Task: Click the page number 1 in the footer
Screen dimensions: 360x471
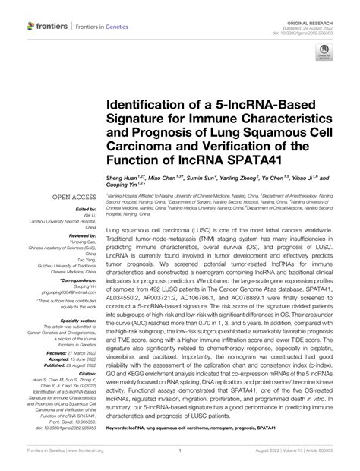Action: point(180,460)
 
